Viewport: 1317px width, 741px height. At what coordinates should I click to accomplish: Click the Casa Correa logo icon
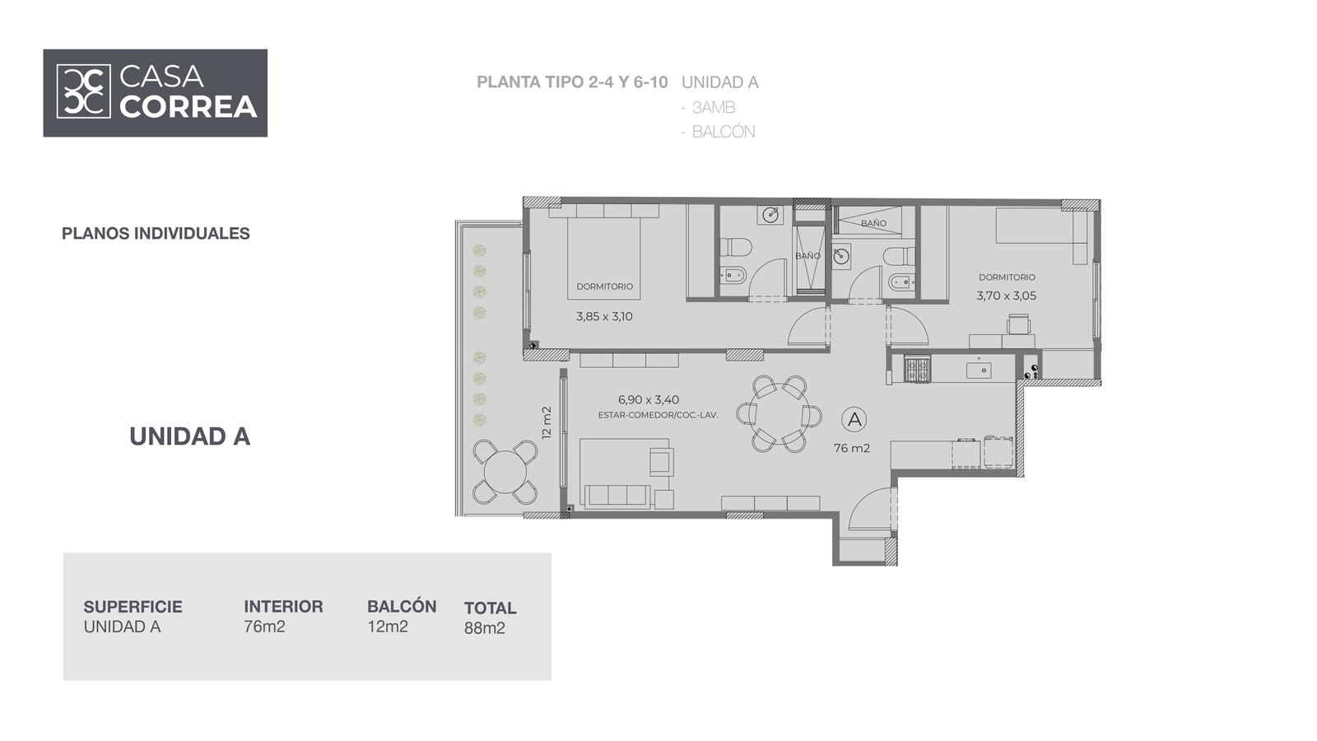(x=83, y=91)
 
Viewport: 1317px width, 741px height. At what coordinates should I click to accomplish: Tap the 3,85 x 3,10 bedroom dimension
(x=604, y=316)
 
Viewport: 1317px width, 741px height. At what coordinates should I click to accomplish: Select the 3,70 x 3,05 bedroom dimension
(x=1007, y=296)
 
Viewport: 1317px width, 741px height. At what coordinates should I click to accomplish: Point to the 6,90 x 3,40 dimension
(x=649, y=400)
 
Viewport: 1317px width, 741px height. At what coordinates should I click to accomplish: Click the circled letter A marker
(x=854, y=419)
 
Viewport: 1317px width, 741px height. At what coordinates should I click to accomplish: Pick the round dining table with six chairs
(x=779, y=414)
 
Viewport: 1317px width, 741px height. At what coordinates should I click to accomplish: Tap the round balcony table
(x=505, y=472)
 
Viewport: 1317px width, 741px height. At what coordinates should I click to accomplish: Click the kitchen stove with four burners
(x=916, y=370)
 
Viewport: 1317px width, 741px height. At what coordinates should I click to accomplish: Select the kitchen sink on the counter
(x=979, y=370)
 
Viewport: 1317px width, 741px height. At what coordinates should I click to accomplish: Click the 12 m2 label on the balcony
(x=547, y=423)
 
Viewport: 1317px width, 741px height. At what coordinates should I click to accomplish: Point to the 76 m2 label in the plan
(x=852, y=448)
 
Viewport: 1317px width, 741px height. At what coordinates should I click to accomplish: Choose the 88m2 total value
(x=485, y=628)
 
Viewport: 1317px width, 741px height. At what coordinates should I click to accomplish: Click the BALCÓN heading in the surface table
(x=402, y=606)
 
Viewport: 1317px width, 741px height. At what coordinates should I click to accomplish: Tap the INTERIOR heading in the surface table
(x=283, y=606)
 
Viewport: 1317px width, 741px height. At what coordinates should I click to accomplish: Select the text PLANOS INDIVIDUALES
(x=156, y=234)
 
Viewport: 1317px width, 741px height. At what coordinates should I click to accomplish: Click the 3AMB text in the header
(x=714, y=108)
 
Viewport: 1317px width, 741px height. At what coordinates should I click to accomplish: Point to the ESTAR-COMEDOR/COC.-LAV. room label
(x=658, y=415)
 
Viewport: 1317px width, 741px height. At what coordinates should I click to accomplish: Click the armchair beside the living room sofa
(x=662, y=461)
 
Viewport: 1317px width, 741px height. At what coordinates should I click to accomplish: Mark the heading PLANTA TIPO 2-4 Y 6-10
(x=572, y=82)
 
